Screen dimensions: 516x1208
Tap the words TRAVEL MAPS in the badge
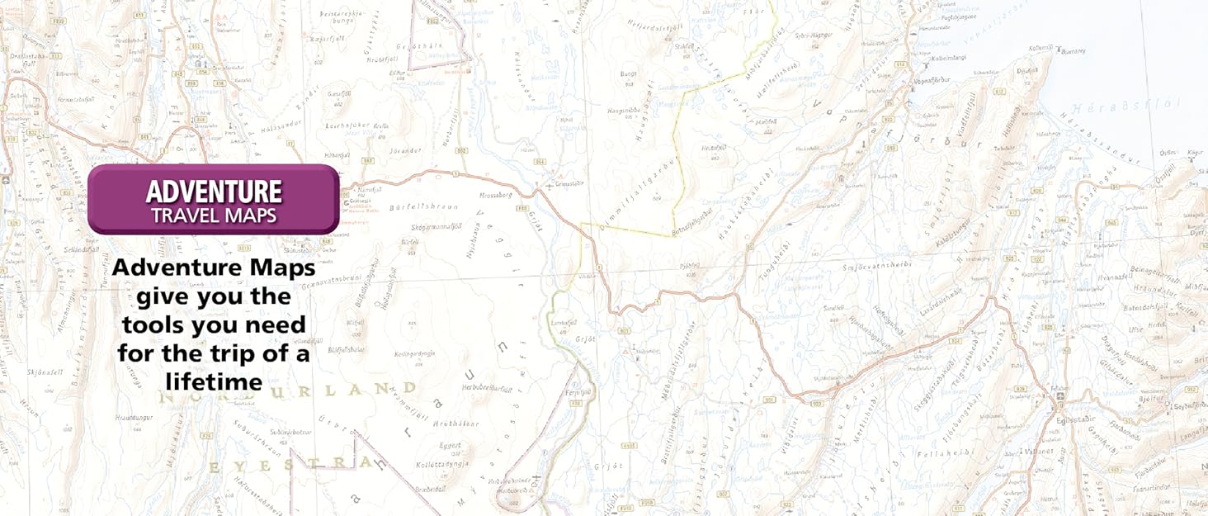pos(214,216)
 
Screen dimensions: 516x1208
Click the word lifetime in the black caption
pos(214,381)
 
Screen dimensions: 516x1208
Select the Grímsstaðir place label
pos(570,183)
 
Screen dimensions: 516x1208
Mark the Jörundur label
pos(407,151)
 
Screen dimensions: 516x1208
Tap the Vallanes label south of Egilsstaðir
pos(1039,452)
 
